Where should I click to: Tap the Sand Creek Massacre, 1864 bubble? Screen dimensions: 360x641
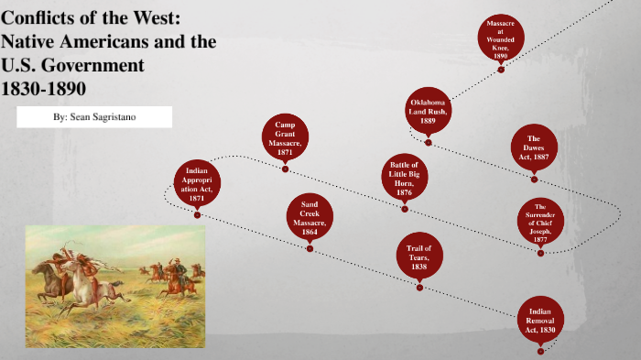pos(310,217)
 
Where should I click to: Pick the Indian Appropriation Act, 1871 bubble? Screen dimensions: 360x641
pos(198,183)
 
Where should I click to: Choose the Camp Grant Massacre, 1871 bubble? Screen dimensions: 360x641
pos(286,138)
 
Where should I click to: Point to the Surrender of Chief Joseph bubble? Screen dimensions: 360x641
pos(540,221)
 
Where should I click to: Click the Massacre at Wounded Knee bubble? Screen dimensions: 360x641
pos(500,37)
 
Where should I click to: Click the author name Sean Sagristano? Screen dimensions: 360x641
pos(93,117)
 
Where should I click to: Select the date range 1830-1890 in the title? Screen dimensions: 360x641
pos(44,89)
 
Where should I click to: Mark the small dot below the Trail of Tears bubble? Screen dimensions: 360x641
pos(419,288)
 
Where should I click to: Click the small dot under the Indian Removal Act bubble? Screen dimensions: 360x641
pos(540,350)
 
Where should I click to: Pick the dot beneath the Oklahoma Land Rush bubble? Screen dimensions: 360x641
pos(428,142)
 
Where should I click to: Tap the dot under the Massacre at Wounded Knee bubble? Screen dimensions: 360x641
pos(500,67)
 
